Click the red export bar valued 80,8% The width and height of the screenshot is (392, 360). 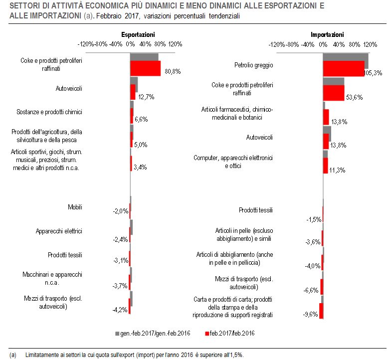[x=145, y=68]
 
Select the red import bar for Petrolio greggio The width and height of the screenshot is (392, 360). [x=344, y=69]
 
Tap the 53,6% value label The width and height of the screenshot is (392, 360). [x=354, y=97]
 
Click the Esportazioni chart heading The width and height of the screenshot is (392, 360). [x=138, y=34]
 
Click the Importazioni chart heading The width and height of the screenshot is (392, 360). [x=327, y=34]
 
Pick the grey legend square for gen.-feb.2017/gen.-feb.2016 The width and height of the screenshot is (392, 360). [x=117, y=334]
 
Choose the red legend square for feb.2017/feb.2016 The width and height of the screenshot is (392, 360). [x=207, y=334]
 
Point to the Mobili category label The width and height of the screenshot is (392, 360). [x=75, y=207]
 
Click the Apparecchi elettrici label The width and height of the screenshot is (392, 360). [x=59, y=231]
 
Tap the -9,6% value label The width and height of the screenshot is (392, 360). [x=311, y=314]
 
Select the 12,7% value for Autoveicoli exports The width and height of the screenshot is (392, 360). [x=146, y=97]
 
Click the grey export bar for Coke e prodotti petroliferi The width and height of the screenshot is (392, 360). [x=144, y=57]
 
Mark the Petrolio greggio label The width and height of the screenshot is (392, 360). [x=254, y=65]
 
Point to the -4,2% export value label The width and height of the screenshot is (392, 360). [x=120, y=310]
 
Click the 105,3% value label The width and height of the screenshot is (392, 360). [x=373, y=73]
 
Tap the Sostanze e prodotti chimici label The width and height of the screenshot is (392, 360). [x=49, y=112]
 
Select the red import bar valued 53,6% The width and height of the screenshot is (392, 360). [x=334, y=93]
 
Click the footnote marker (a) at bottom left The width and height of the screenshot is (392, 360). [x=13, y=355]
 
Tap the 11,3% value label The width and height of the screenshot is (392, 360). [x=337, y=170]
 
